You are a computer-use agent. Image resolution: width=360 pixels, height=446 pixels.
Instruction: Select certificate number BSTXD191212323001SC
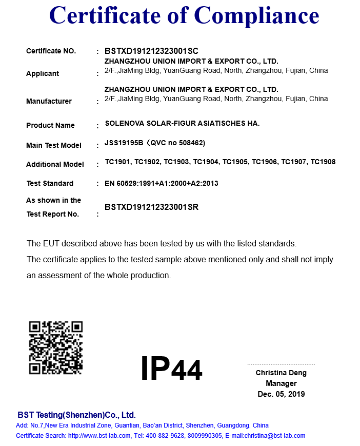[151, 51]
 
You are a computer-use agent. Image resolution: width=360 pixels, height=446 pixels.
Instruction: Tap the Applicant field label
[43, 73]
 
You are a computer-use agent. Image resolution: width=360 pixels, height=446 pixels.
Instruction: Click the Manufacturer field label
[49, 101]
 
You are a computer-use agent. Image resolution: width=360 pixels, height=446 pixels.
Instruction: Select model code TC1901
[117, 162]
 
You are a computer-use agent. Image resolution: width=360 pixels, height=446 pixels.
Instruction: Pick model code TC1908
[323, 162]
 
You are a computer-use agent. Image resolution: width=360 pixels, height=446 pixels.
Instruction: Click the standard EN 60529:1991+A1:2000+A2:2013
[162, 183]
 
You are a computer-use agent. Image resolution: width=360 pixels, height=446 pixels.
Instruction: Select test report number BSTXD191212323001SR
[151, 207]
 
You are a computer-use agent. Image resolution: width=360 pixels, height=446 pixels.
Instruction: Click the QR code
[56, 347]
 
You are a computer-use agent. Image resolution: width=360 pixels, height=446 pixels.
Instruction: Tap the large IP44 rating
[171, 368]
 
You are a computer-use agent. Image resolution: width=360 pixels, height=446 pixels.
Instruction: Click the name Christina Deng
[281, 373]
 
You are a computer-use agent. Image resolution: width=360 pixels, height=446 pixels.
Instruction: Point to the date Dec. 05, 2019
[281, 394]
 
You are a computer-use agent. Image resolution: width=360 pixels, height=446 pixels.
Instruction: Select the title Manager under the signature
[281, 383]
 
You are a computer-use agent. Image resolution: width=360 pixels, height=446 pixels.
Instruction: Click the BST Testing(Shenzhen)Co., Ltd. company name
[76, 415]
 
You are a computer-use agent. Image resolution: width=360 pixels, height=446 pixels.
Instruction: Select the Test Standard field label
[50, 183]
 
